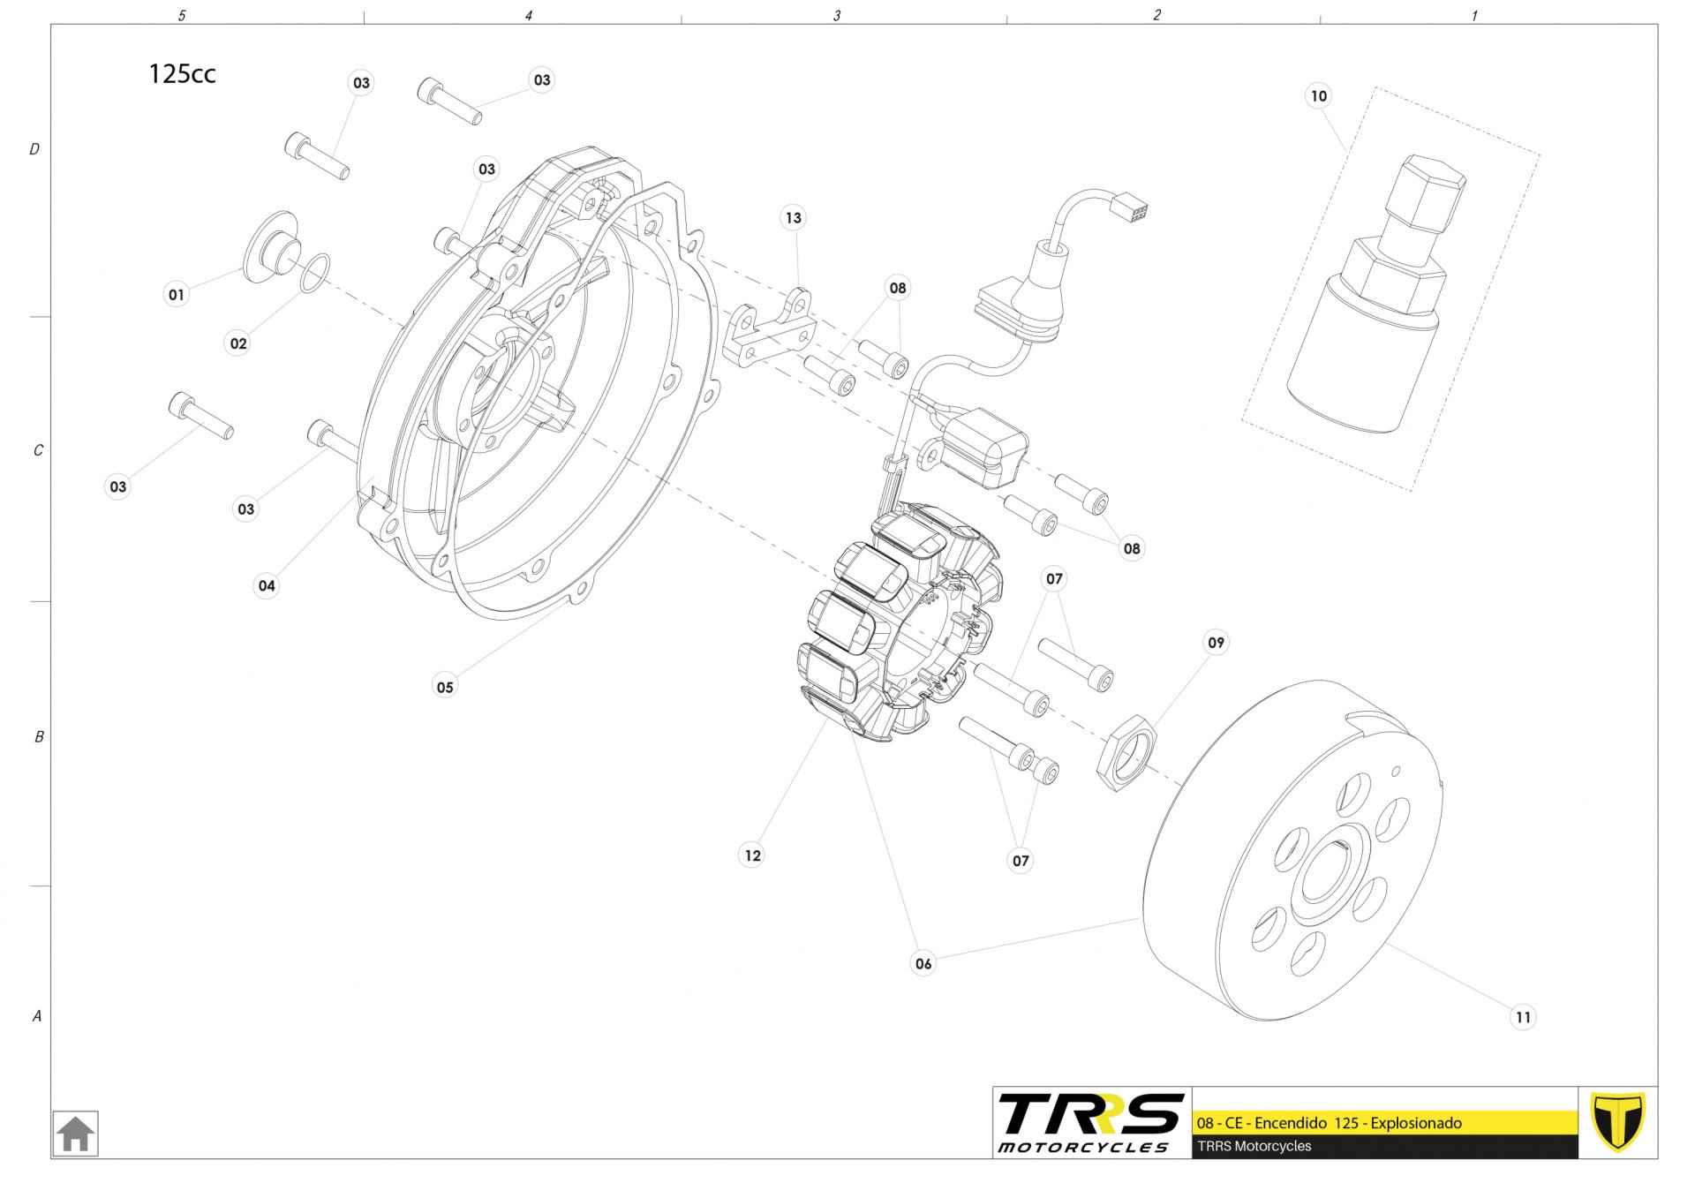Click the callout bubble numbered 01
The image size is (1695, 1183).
[177, 294]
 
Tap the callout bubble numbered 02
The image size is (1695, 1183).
[238, 343]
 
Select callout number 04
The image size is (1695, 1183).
[267, 585]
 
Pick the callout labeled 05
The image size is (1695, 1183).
[445, 687]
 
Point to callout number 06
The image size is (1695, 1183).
[923, 963]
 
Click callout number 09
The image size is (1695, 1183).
[1216, 642]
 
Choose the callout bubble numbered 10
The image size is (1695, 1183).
[1318, 95]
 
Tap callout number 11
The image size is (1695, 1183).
[1523, 1017]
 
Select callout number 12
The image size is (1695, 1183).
[752, 855]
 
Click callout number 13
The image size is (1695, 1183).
[794, 217]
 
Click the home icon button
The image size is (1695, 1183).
[75, 1134]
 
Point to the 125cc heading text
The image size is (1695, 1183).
[182, 73]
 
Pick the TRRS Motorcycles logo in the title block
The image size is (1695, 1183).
[1091, 1122]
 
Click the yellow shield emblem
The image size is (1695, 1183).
[1617, 1121]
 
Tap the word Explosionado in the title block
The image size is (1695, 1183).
[1416, 1123]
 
